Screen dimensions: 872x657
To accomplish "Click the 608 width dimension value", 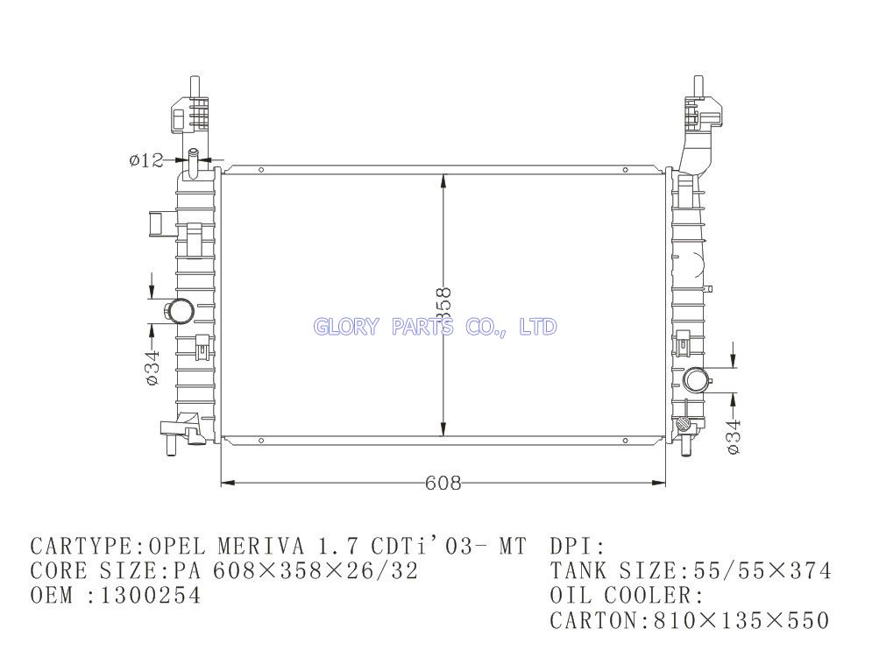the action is pos(443,483).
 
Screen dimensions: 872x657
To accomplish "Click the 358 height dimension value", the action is pos(443,304).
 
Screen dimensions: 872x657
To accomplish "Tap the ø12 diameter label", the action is pos(146,160).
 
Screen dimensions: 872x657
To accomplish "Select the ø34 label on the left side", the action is pos(152,367).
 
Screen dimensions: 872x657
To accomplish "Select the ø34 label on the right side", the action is pos(734,436).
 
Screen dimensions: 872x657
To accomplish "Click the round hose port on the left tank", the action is pos(180,311).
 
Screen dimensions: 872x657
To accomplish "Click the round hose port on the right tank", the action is pos(696,380).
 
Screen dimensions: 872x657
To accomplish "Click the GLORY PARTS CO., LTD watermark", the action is pos(435,326).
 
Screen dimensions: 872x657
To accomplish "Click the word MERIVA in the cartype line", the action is pos(261,547).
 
